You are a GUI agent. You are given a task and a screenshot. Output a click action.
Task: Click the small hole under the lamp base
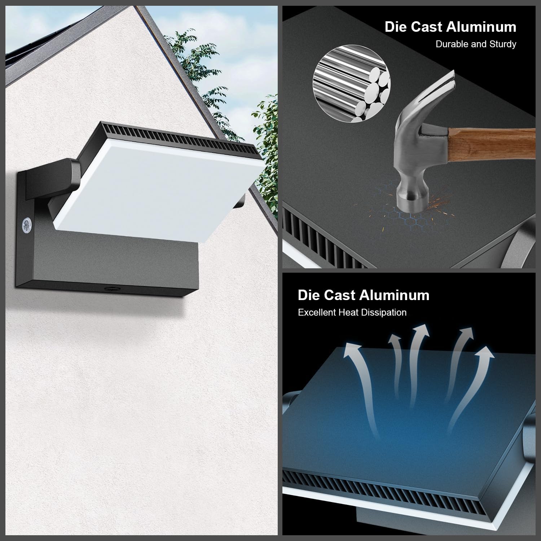click(x=108, y=289)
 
